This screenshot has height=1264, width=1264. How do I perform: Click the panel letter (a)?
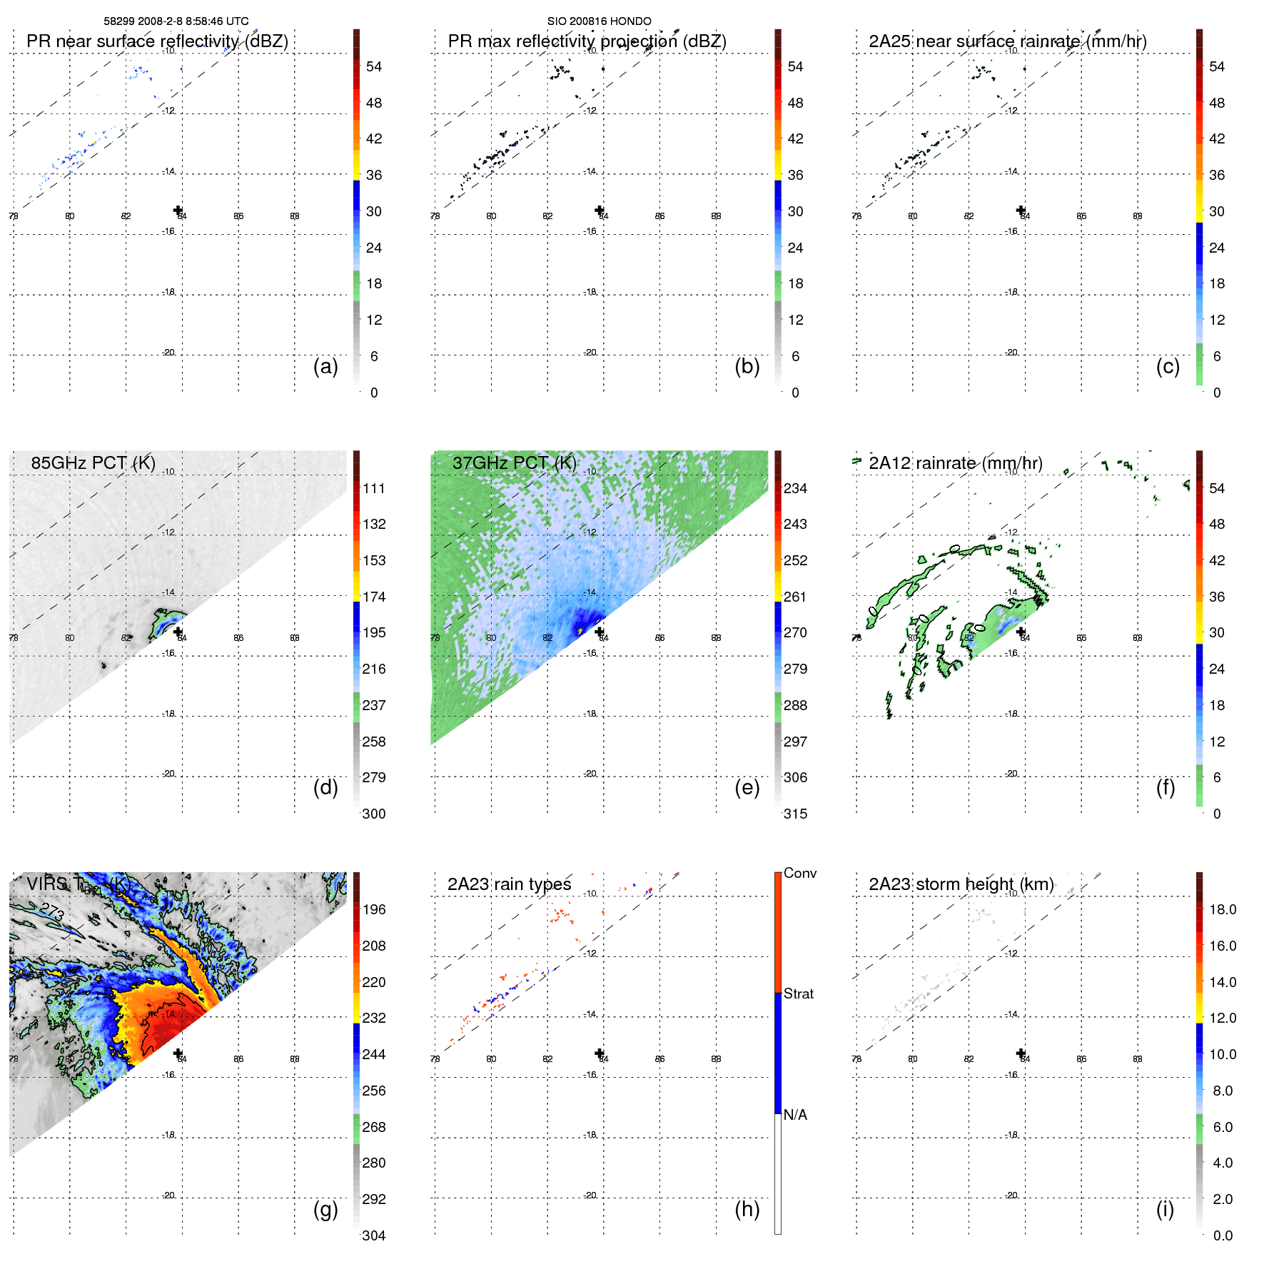click(325, 367)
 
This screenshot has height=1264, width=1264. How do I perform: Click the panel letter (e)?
click(747, 788)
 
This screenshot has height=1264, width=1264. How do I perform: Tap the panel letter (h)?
click(747, 1209)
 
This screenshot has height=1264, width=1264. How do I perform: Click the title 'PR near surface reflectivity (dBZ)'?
click(157, 41)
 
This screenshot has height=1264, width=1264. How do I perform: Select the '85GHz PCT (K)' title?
click(93, 463)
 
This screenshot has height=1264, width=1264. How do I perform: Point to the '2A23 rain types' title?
click(509, 884)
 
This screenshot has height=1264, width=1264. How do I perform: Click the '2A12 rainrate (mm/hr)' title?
click(955, 463)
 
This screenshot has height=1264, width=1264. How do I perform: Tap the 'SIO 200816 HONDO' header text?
click(599, 21)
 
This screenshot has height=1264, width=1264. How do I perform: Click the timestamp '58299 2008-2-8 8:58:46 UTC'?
click(176, 21)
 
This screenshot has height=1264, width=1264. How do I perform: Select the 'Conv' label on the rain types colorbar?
click(799, 874)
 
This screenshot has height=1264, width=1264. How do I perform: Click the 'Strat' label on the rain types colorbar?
click(798, 994)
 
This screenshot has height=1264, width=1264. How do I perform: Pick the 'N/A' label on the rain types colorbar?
click(795, 1115)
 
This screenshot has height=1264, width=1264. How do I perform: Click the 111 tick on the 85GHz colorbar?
click(373, 489)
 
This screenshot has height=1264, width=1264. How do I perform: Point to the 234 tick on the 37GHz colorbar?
click(795, 489)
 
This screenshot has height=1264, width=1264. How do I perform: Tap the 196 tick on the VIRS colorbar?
click(373, 910)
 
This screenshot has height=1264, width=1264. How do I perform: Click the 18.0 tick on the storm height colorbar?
click(1222, 910)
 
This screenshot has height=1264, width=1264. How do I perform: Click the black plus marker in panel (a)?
click(178, 210)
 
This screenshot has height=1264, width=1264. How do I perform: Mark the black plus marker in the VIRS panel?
click(178, 1053)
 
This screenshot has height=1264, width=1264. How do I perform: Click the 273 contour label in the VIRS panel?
click(52, 911)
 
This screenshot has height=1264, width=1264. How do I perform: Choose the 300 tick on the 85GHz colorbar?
click(373, 814)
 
